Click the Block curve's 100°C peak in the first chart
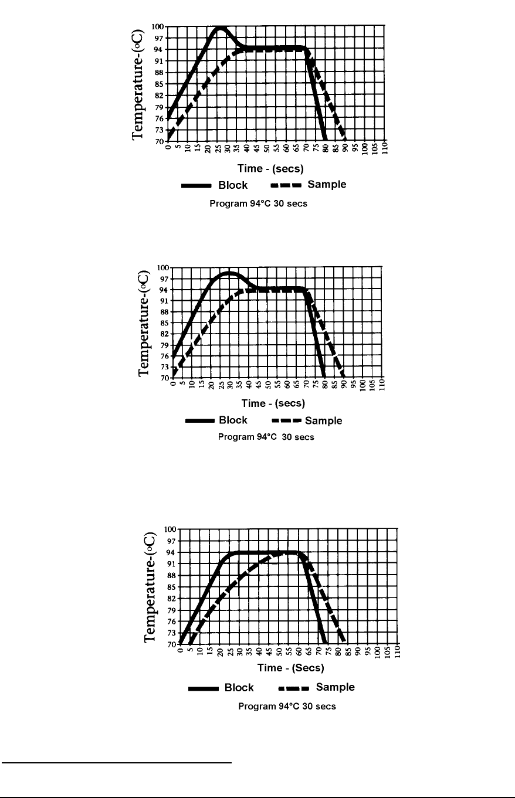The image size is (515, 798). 220,28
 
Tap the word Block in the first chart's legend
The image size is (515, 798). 233,185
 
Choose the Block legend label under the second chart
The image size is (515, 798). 233,420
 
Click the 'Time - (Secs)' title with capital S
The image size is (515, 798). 292,668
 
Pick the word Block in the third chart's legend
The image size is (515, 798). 239,688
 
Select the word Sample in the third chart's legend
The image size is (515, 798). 335,687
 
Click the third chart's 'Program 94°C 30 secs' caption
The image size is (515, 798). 287,707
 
